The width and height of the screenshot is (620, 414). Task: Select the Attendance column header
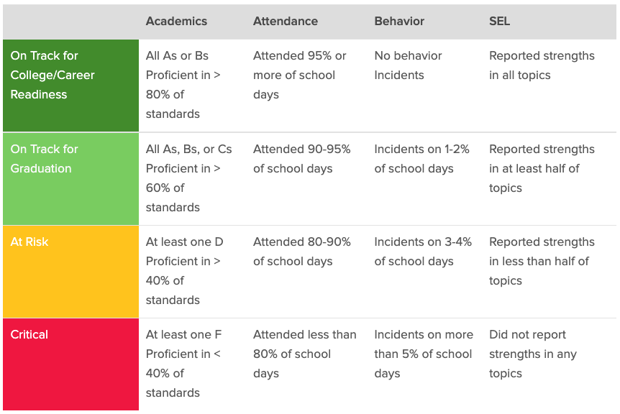point(285,22)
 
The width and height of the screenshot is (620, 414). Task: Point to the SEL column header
point(499,22)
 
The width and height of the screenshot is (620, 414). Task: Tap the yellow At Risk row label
point(29,242)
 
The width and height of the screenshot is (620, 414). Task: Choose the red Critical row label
point(29,335)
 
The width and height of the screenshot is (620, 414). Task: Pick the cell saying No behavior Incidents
point(408,65)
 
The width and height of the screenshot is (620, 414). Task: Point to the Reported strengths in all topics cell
point(542,65)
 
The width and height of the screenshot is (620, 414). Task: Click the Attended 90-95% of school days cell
point(301,159)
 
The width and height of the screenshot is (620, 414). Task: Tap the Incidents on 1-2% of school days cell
point(421,159)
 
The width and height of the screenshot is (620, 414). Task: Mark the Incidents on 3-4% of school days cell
point(423,252)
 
